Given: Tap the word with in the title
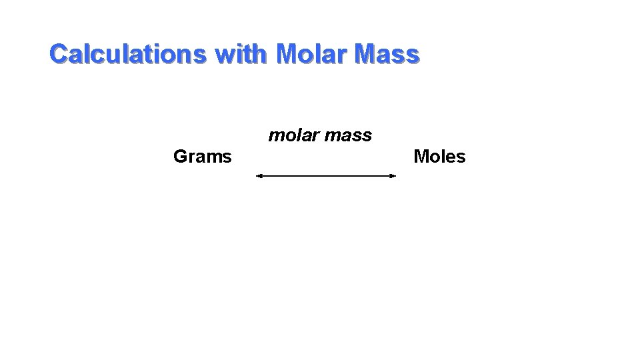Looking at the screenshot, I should click(x=241, y=53).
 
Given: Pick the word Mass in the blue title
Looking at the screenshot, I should click(x=388, y=53).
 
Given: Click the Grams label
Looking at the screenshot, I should click(x=202, y=157).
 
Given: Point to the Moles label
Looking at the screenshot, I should click(x=439, y=157).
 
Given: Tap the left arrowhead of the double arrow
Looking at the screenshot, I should click(x=259, y=176).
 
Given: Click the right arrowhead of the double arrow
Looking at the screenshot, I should click(x=393, y=176).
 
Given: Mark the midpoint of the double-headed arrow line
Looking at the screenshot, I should click(x=326, y=176).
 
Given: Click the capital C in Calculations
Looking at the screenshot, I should click(x=59, y=53).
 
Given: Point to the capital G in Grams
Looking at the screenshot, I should click(x=180, y=157).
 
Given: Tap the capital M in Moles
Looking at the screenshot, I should click(x=421, y=157).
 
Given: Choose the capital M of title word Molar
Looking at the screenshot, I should click(x=287, y=53).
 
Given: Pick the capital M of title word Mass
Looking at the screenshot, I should click(x=366, y=53).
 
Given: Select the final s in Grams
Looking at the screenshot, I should click(x=227, y=158).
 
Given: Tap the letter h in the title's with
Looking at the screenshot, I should click(x=259, y=53).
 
